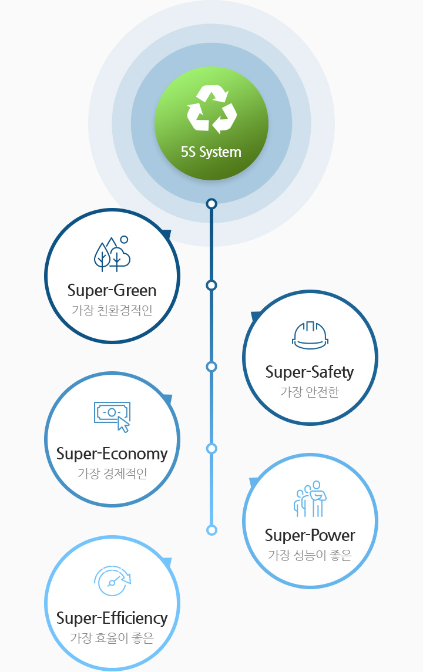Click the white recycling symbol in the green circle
(x=211, y=109)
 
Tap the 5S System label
(x=211, y=152)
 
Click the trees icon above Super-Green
(x=112, y=254)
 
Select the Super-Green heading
(x=112, y=290)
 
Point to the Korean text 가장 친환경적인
(x=112, y=310)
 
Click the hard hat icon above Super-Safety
(x=310, y=335)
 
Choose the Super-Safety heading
(x=310, y=372)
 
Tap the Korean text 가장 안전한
(x=310, y=392)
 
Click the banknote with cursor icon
(x=113, y=416)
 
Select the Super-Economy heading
(x=112, y=453)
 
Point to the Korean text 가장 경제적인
(x=112, y=473)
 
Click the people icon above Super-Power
(x=310, y=499)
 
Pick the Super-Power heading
(x=310, y=535)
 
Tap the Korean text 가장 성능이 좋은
(x=310, y=555)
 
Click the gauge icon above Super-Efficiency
(x=112, y=581)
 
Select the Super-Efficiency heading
(x=112, y=618)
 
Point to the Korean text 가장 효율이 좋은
(x=112, y=637)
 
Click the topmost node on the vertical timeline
(x=211, y=204)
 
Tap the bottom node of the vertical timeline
(x=211, y=530)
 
